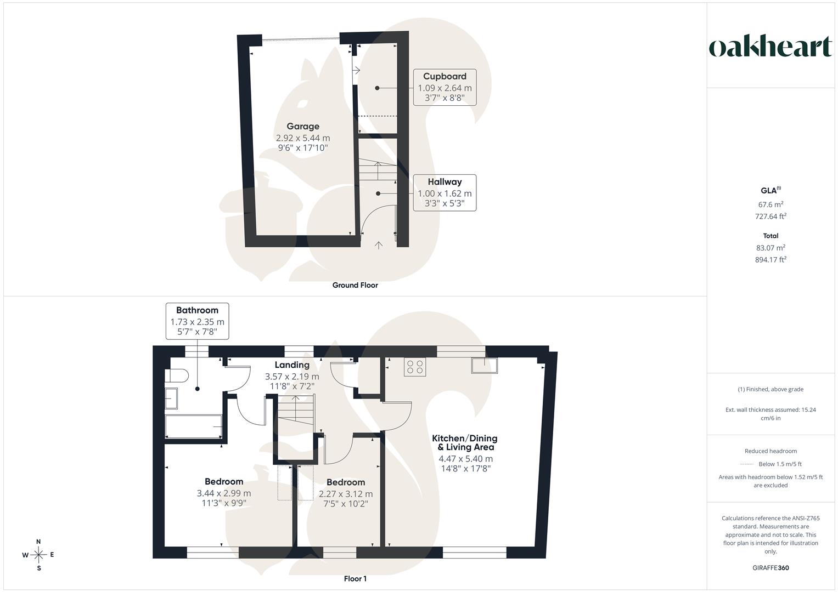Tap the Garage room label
coord(303,126)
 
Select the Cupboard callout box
coord(445,87)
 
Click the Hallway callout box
coord(445,193)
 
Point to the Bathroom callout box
coord(197,321)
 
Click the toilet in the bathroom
coord(176,375)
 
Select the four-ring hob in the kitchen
coord(415,367)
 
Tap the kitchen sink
coord(485,366)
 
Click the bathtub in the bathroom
coord(194,426)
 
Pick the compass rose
coord(38,555)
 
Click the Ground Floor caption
coord(355,285)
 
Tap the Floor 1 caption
coord(355,578)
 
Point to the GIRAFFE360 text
coord(770,568)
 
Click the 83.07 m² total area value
coord(770,247)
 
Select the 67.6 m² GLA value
coord(770,204)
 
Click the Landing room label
coord(292,365)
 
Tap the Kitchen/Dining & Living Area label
coord(465,442)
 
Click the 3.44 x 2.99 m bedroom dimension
coord(224,493)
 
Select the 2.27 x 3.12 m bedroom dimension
coord(346,494)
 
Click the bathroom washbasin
coord(171,399)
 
